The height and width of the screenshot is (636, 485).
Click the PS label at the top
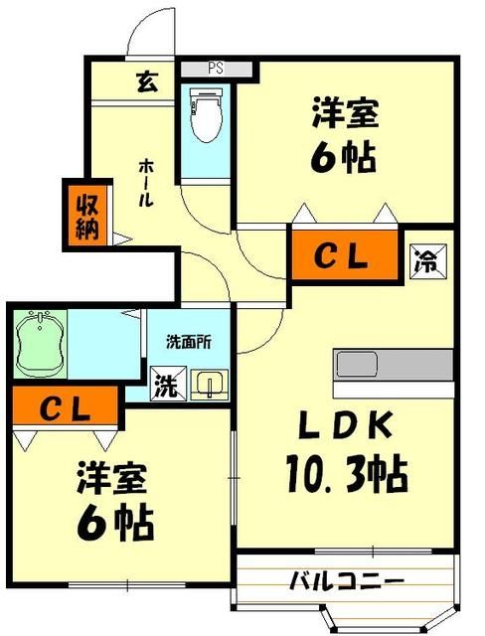coord(216,69)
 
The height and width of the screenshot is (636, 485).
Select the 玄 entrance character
coord(146,81)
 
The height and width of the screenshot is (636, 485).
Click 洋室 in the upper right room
coord(344,114)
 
